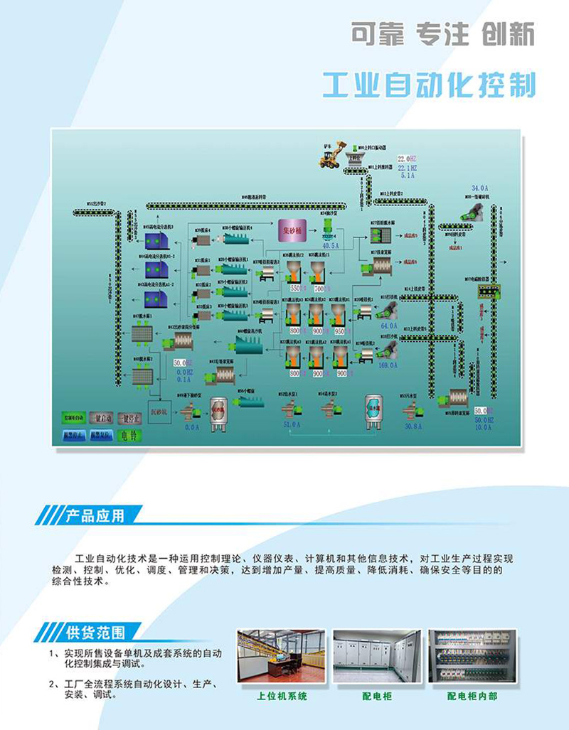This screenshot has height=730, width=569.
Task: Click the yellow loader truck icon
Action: coord(332,156)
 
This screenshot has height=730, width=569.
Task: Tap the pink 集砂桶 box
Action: coord(291,230)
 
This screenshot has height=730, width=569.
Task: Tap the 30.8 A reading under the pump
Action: coord(413,426)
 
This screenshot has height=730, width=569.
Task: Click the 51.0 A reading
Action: coord(292,425)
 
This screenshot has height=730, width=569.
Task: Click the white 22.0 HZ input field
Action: coord(406,158)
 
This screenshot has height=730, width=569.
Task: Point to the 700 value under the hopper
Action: coord(318,289)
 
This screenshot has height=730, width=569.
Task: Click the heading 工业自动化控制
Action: coord(428,85)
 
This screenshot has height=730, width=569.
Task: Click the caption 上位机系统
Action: coord(282,697)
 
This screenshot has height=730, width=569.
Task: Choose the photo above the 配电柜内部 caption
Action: coord(472,656)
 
